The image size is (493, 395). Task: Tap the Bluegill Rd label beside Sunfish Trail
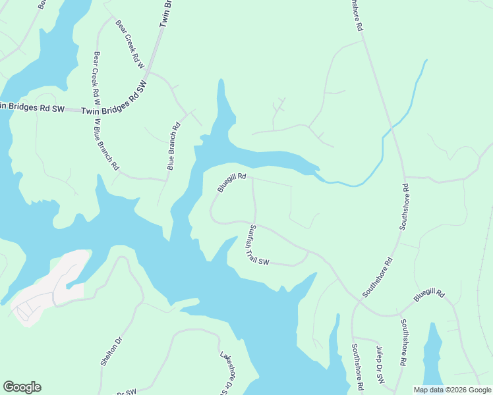click(x=231, y=183)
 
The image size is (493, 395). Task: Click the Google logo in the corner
click(x=22, y=387)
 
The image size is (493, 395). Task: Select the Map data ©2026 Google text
click(x=452, y=389)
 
